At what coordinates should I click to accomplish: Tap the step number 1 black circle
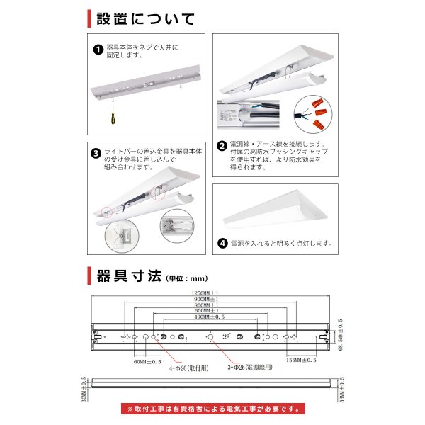(98, 50)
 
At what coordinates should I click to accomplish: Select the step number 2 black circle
(222, 146)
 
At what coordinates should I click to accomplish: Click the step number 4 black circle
(222, 243)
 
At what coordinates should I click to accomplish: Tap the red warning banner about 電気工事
(212, 409)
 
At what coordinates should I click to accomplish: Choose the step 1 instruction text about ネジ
(142, 51)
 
